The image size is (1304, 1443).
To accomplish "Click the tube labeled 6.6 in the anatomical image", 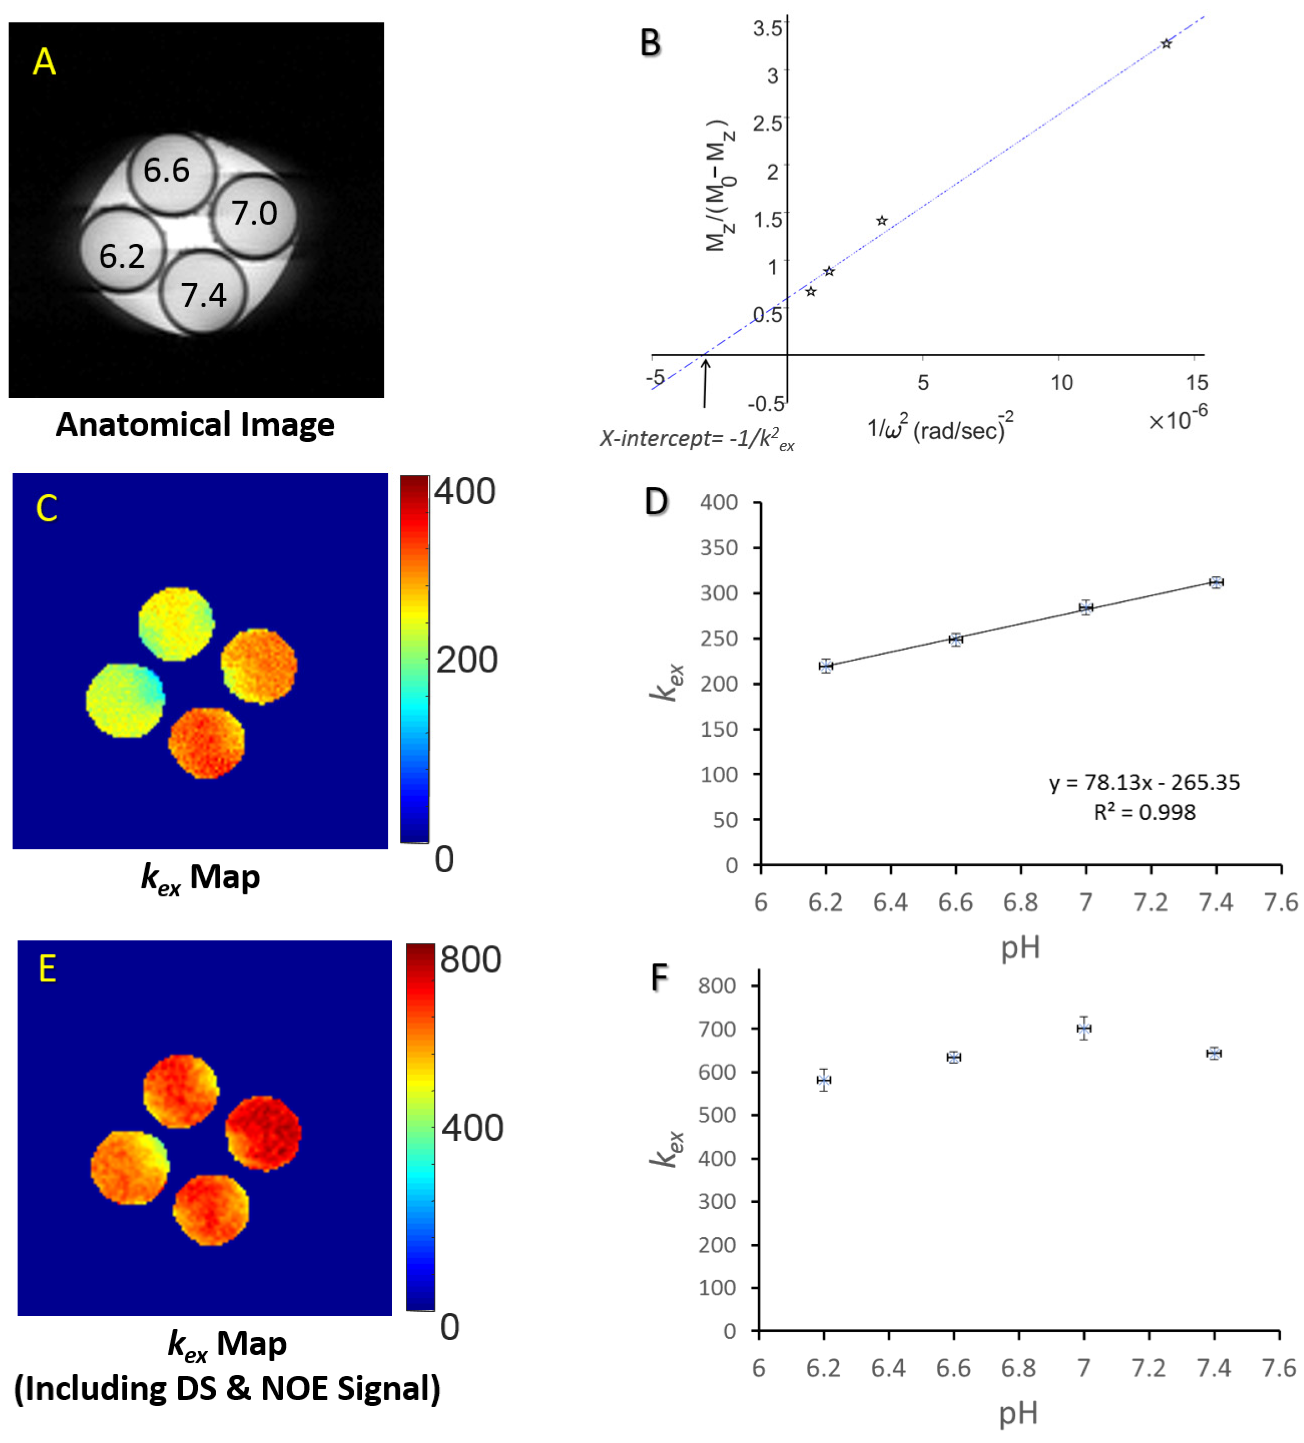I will tap(170, 172).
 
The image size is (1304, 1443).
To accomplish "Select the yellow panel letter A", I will tap(44, 62).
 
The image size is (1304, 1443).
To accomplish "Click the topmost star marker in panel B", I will tap(1166, 44).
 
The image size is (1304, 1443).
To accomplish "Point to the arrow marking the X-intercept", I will tap(705, 383).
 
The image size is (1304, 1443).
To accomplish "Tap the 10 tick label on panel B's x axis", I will tap(1061, 383).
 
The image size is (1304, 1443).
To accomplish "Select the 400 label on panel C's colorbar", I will tap(464, 493).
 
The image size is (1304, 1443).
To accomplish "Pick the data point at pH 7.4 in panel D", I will tap(1215, 582).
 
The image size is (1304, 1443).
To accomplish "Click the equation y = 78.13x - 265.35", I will tap(1144, 782).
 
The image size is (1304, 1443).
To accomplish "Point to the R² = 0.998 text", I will tap(1144, 812).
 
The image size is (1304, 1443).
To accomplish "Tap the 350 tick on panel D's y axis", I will tap(719, 548).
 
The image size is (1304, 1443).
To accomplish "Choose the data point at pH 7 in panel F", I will tap(1083, 1029).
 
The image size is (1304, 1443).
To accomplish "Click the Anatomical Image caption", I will tap(195, 424).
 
